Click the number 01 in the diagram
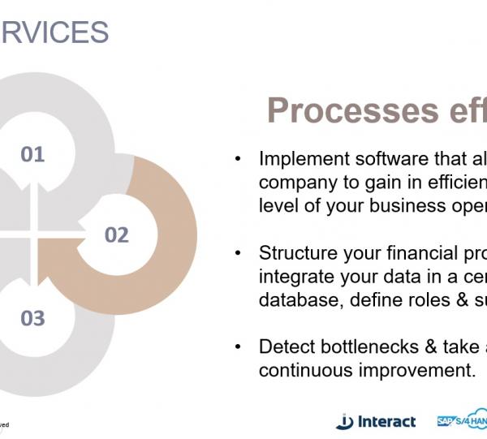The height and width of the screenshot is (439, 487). coord(32,154)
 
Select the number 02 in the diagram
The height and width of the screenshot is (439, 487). coord(117,235)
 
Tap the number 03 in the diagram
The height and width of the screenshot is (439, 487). coord(32,317)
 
